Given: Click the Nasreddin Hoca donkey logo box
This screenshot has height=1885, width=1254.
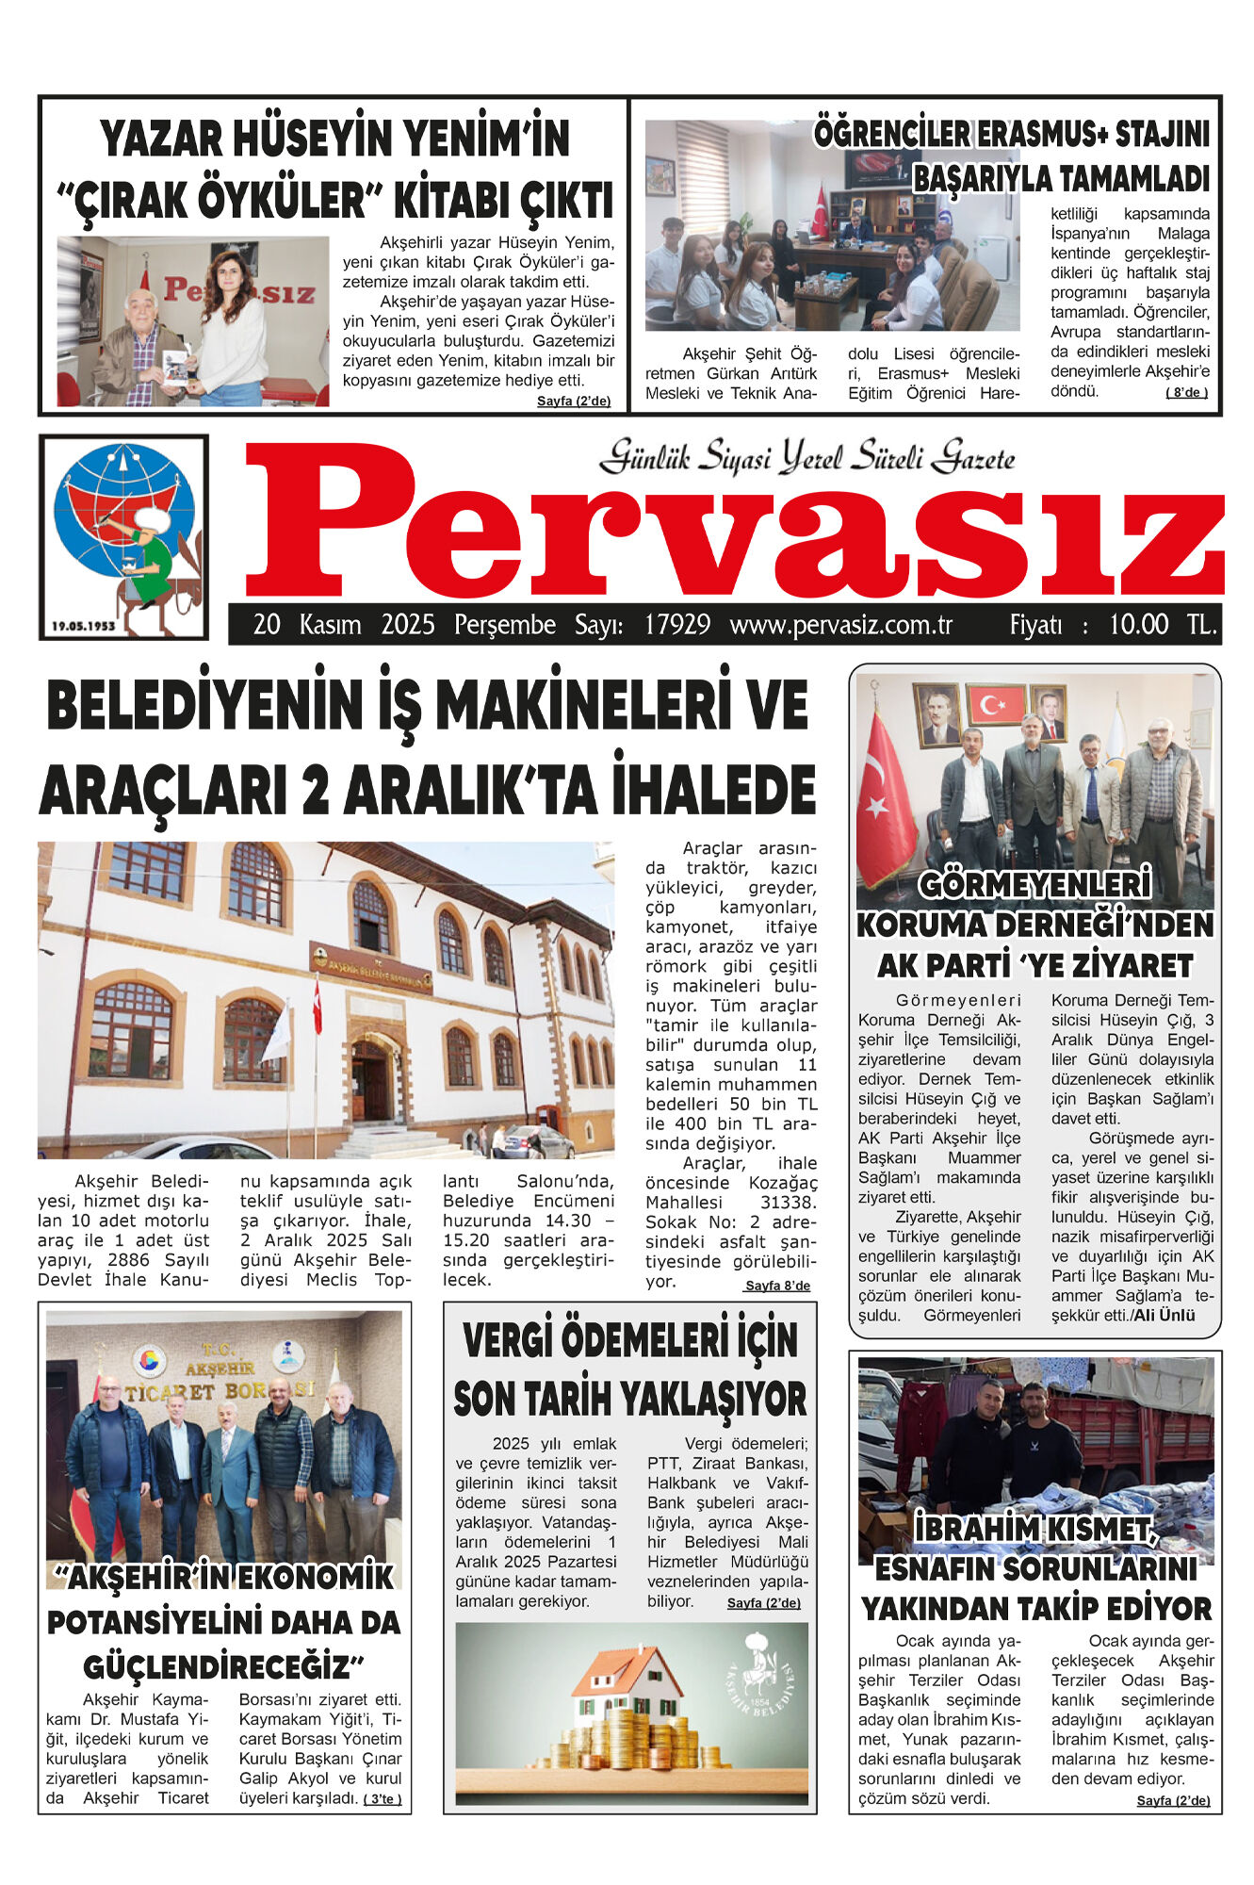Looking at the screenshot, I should coord(123,536).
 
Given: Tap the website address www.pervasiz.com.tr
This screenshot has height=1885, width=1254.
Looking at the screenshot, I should coord(840,625).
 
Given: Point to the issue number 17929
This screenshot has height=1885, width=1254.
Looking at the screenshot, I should coord(676,625).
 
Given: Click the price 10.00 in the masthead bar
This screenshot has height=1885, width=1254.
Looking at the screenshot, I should coord(1138,625).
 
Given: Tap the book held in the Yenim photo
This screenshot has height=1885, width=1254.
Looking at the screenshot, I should coord(175,367).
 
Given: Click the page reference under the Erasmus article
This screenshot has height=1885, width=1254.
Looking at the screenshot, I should coord(1186,393).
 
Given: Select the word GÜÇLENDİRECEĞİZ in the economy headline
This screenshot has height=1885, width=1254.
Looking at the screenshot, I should coord(217,1667).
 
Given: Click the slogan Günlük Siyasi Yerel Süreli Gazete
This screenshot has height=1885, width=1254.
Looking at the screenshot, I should coord(806,458).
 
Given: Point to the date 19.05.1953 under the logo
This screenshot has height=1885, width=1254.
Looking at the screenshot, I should coord(83,626).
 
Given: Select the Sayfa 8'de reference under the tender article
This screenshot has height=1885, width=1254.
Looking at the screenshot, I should coord(776,1286).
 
